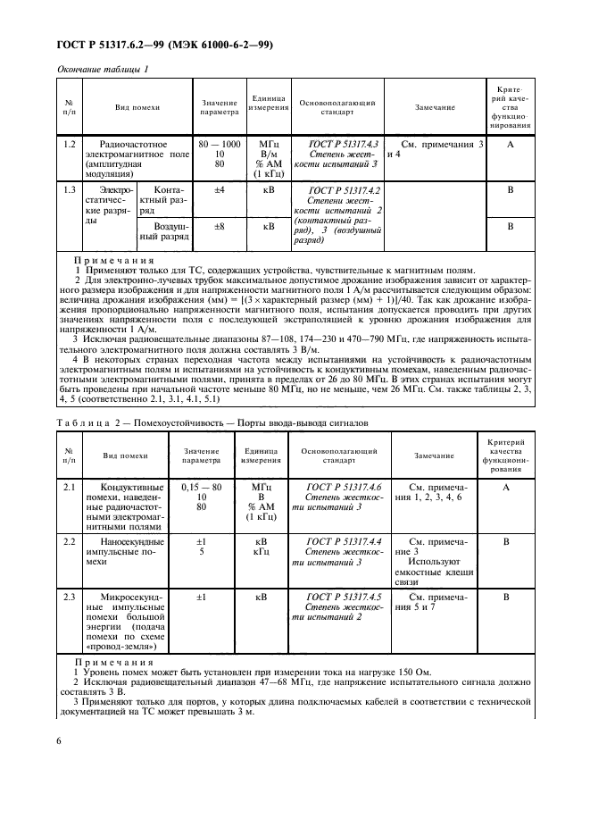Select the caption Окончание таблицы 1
[102, 68]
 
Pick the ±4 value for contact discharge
[219, 190]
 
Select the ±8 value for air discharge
[219, 227]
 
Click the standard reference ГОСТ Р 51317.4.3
[344, 144]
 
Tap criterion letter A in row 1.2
[511, 144]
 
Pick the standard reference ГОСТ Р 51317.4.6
[344, 488]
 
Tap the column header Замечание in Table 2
[434, 456]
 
